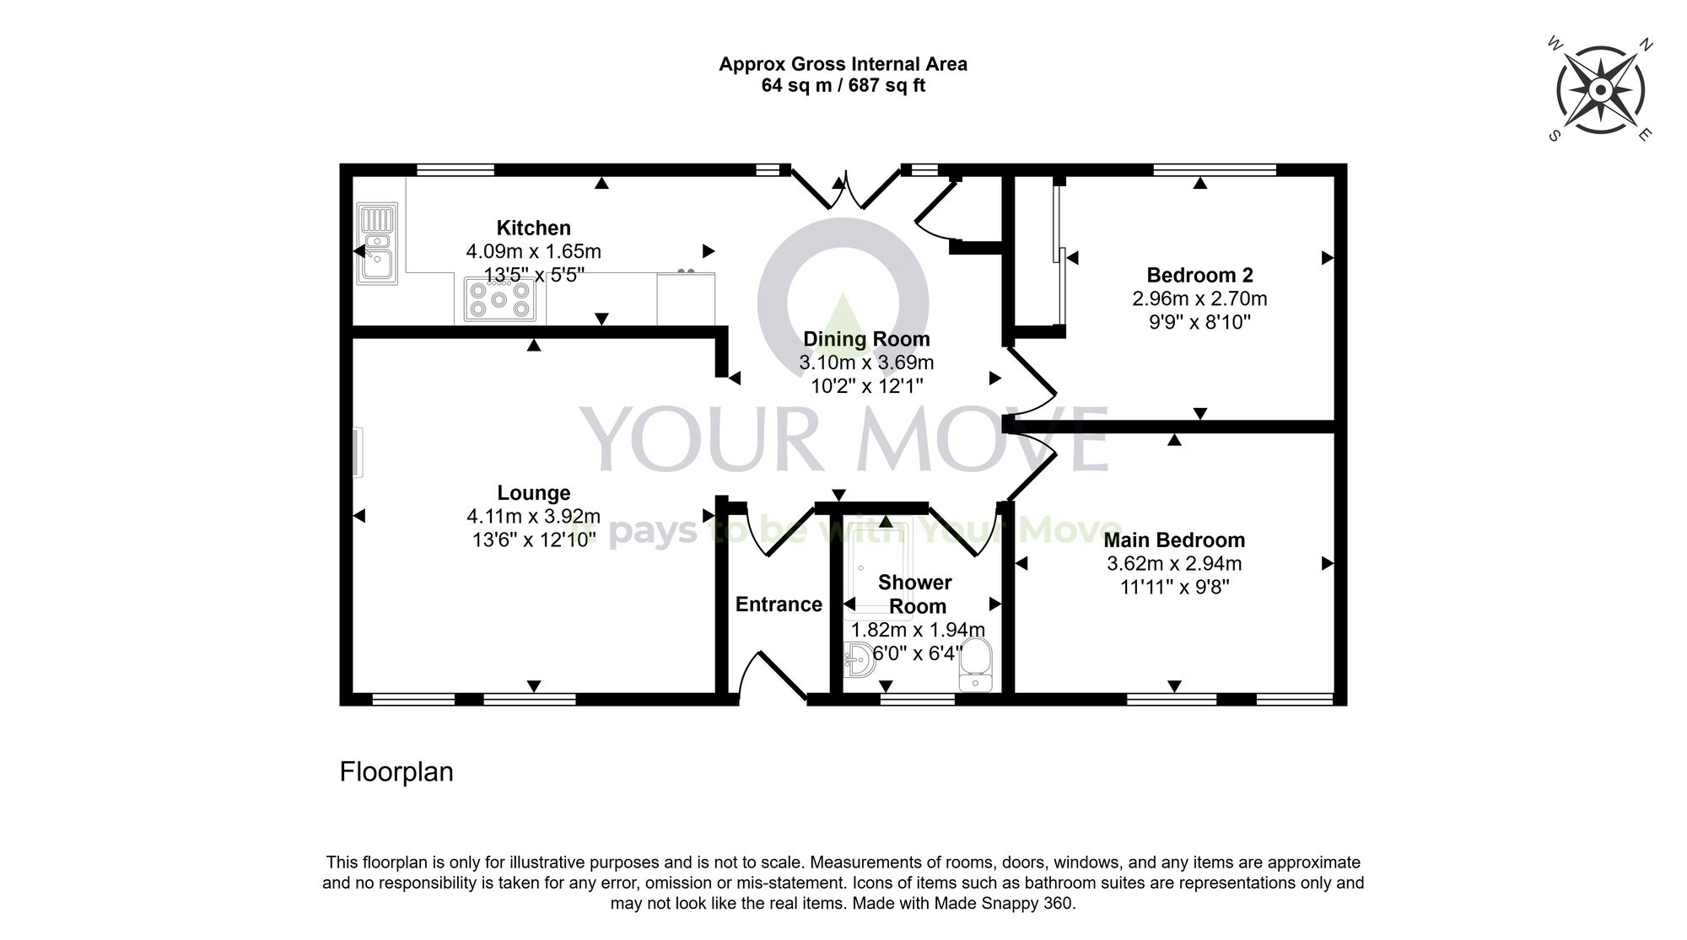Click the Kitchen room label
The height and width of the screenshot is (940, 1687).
(x=533, y=228)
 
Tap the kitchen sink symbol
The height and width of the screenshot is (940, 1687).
(x=377, y=243)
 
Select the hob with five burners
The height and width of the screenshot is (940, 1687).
(x=499, y=298)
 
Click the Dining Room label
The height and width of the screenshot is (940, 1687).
(x=866, y=339)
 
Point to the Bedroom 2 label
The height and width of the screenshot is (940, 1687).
(x=1199, y=275)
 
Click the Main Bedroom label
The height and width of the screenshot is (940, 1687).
(x=1174, y=540)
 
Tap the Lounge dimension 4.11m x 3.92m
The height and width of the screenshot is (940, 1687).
(x=533, y=516)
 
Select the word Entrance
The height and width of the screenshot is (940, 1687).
(x=779, y=604)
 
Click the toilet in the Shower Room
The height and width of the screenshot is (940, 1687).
(x=977, y=664)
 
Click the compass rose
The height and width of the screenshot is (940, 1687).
(x=1600, y=89)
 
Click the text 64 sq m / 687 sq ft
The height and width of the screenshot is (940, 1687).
(x=843, y=85)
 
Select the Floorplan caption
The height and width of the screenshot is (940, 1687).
(x=396, y=771)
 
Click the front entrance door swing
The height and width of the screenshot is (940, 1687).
(x=772, y=674)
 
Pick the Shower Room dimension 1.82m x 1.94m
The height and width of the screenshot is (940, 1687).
(x=918, y=630)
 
